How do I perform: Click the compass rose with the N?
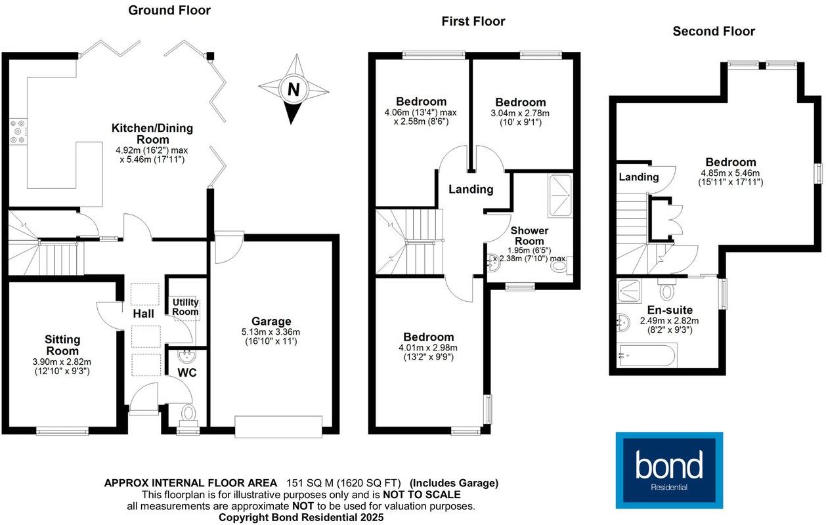(x=293, y=90)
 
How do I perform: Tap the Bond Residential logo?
(x=669, y=470)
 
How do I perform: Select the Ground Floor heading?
(x=169, y=10)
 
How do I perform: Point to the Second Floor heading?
(x=714, y=31)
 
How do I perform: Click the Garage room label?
(x=271, y=322)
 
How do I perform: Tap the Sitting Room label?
(x=62, y=345)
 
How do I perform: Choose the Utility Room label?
(x=185, y=307)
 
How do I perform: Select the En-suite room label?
(x=670, y=310)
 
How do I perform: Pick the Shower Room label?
(x=529, y=236)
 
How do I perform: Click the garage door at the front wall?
(x=280, y=426)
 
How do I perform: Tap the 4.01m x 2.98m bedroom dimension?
(x=429, y=348)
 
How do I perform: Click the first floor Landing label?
(x=471, y=190)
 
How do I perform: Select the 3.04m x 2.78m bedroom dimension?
(x=520, y=114)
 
